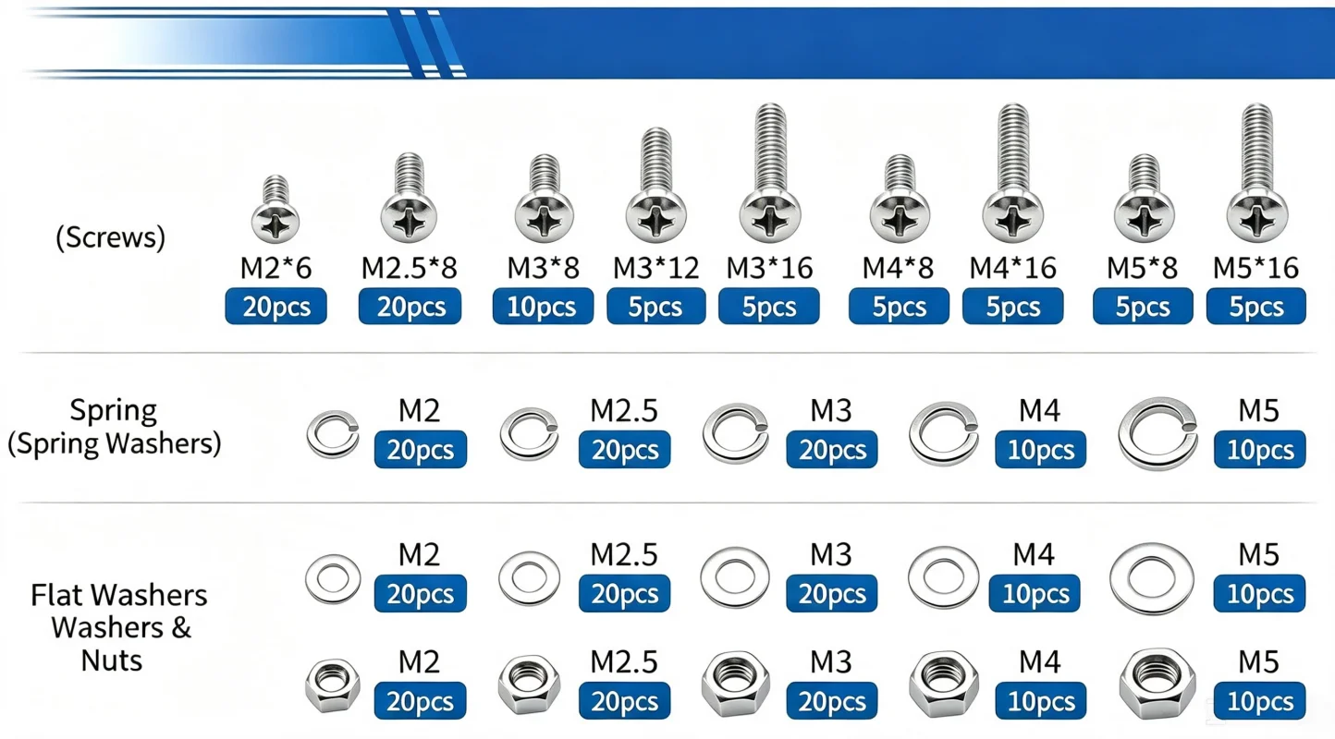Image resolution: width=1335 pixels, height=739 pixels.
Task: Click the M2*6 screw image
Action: pyautogui.click(x=275, y=209)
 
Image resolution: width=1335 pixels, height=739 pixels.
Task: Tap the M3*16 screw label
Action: pyautogui.click(x=769, y=268)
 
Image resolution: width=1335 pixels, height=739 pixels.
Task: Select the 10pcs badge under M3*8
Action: pyautogui.click(x=543, y=306)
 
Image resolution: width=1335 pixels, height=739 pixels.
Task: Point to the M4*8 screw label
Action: pyautogui.click(x=898, y=268)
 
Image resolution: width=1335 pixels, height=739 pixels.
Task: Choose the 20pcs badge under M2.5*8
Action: pyautogui.click(x=410, y=306)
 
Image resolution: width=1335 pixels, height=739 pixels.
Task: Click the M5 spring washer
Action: pyautogui.click(x=1157, y=433)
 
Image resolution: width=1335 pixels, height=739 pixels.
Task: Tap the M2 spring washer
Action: pyautogui.click(x=333, y=434)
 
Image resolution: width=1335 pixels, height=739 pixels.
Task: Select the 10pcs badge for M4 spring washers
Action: pyautogui.click(x=1041, y=450)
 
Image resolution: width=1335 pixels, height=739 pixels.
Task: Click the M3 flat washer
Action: pyautogui.click(x=735, y=577)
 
